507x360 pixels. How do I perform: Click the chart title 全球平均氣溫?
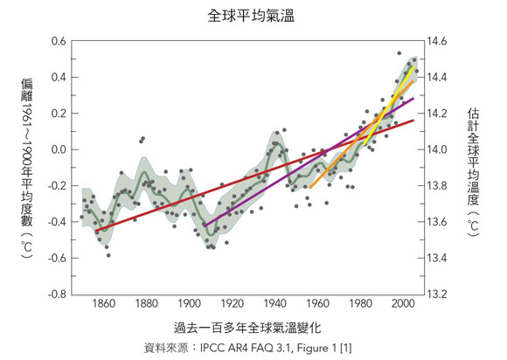pyautogui.click(x=251, y=16)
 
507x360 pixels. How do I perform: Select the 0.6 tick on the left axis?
pyautogui.click(x=59, y=41)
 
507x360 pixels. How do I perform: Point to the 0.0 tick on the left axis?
pyautogui.click(x=59, y=149)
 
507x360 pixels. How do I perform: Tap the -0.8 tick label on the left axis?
pyautogui.click(x=57, y=294)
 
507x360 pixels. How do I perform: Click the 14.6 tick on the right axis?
pyautogui.click(x=437, y=41)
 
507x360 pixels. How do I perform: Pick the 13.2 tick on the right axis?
pyautogui.click(x=437, y=294)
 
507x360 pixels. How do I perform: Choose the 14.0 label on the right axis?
pyautogui.click(x=437, y=149)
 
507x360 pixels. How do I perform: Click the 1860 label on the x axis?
pyautogui.click(x=104, y=304)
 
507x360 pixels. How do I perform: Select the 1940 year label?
pyautogui.click(x=275, y=304)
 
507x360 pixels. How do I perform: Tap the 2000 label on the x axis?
pyautogui.click(x=403, y=304)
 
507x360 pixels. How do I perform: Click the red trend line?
pyautogui.click(x=254, y=176)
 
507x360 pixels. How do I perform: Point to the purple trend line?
pyautogui.click(x=309, y=163)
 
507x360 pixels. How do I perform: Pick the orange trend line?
pyautogui.click(x=362, y=134)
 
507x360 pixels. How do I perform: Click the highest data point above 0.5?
pyautogui.click(x=399, y=53)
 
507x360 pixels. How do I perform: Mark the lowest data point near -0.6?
pyautogui.click(x=108, y=255)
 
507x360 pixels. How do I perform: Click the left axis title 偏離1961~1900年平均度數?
pyautogui.click(x=27, y=169)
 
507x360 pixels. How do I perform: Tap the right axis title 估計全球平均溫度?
pyautogui.click(x=473, y=172)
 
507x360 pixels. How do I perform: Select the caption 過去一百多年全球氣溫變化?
pyautogui.click(x=247, y=328)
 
